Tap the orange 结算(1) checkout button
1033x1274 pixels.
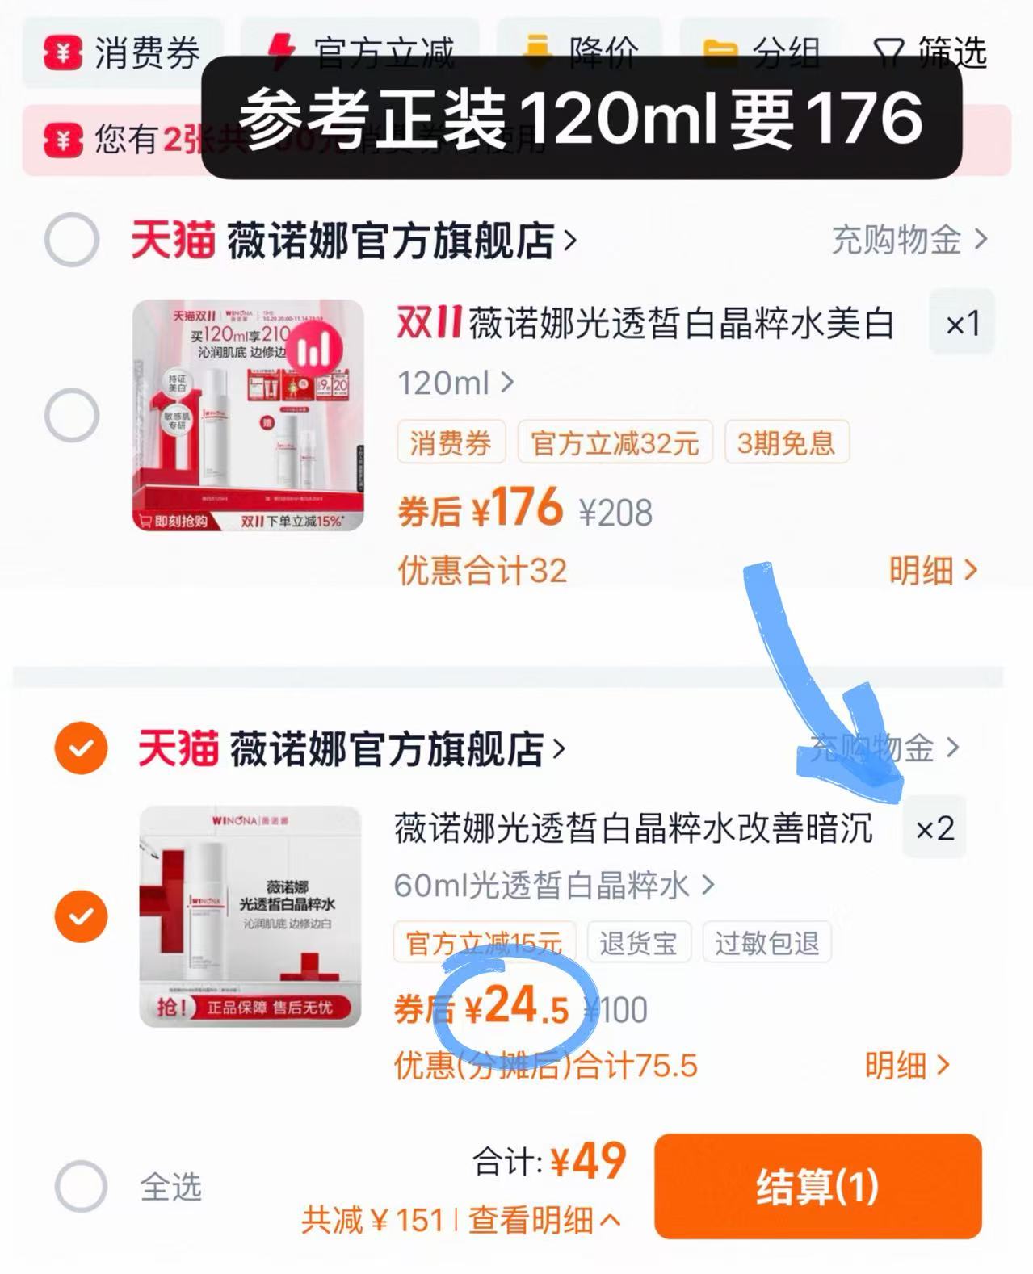817,1186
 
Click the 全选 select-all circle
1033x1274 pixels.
81,1187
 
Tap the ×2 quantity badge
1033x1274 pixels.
934,828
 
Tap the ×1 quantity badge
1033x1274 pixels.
962,324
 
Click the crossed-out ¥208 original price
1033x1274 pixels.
615,513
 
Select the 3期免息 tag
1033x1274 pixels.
786,442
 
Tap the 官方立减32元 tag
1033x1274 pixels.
615,442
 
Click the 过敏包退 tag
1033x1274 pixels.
766,942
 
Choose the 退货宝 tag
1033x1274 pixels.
638,942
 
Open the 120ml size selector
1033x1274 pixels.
456,383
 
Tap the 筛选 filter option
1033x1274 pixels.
931,53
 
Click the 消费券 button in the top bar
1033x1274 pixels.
122,53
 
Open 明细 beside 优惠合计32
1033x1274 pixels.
933,571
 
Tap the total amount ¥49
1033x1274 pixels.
588,1162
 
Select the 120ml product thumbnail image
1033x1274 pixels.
248,415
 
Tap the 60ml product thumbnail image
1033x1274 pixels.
250,916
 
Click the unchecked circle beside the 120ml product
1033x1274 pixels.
72,416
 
